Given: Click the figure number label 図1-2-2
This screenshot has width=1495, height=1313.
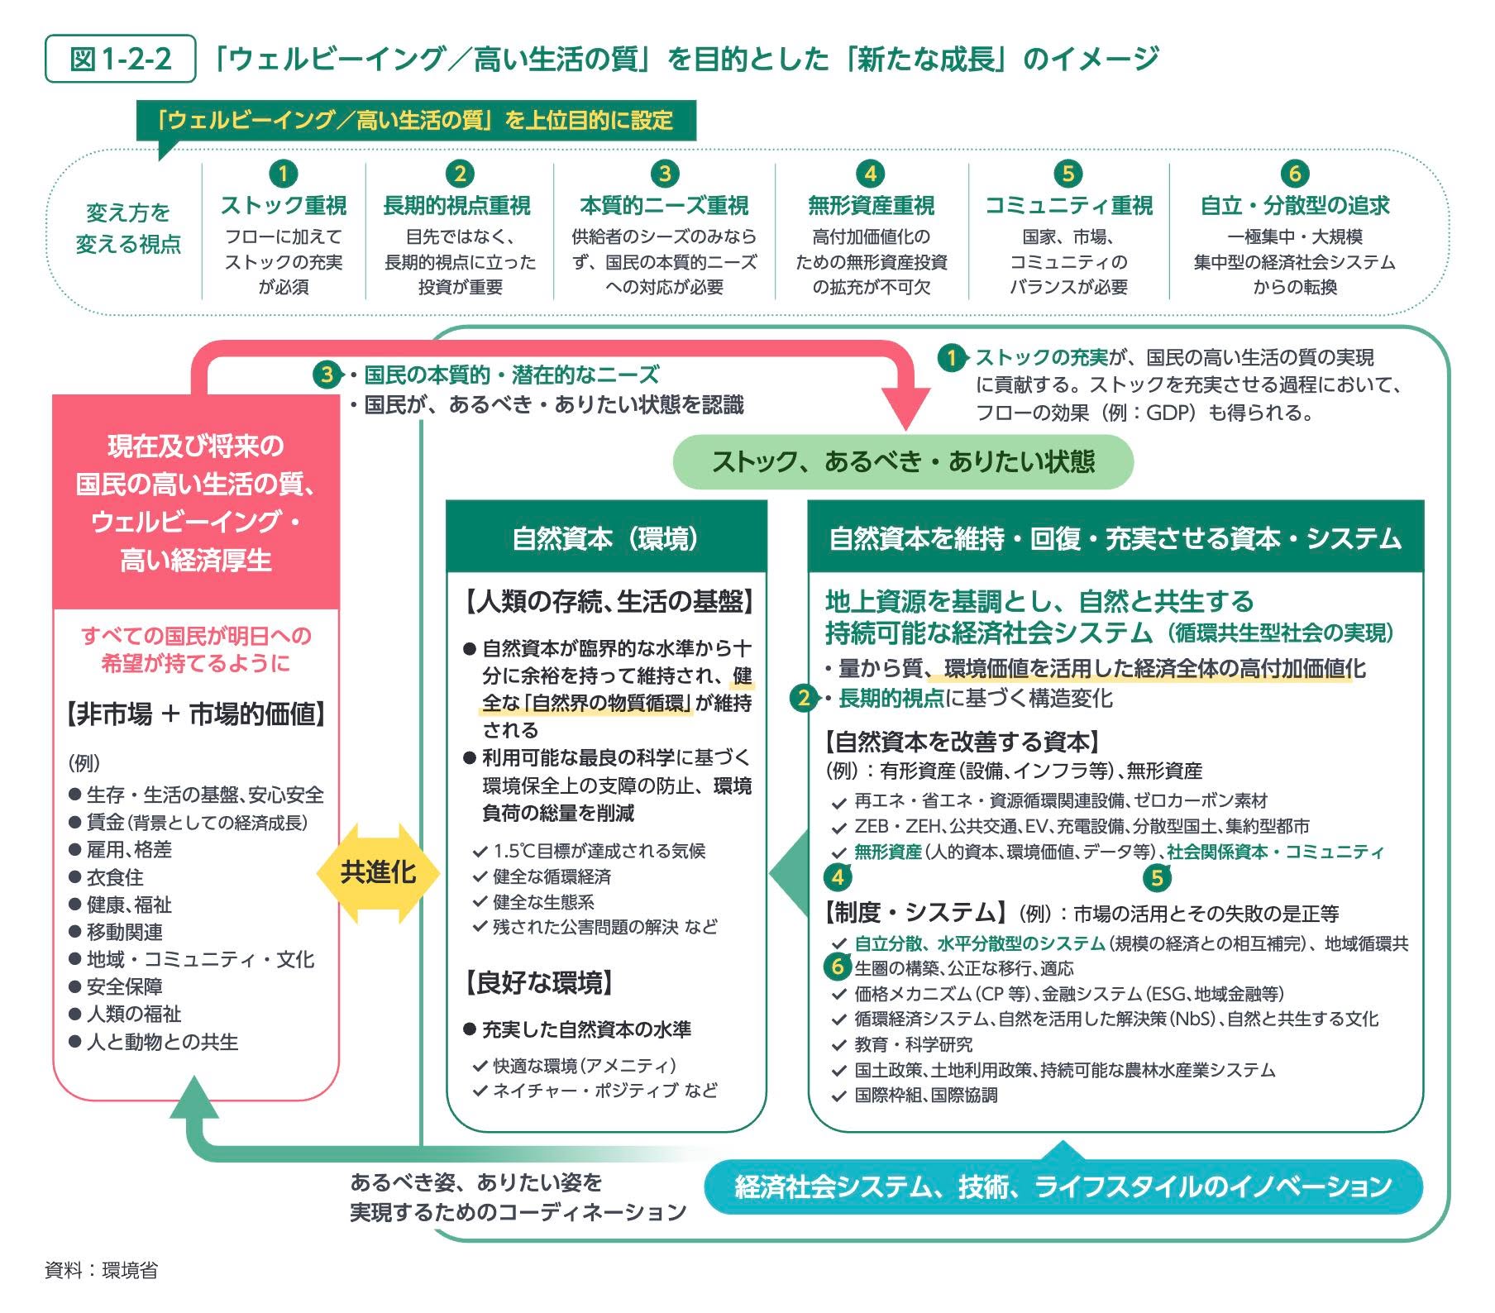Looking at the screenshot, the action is [x=120, y=59].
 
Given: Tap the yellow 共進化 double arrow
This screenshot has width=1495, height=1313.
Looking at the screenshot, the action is [x=378, y=873].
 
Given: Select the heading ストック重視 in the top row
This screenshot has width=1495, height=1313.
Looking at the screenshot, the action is [x=284, y=205].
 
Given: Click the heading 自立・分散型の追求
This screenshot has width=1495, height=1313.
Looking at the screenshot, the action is [x=1295, y=205].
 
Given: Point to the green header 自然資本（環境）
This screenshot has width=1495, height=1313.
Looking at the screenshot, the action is [x=606, y=538].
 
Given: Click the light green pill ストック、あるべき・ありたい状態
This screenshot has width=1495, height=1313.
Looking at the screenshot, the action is [x=903, y=461].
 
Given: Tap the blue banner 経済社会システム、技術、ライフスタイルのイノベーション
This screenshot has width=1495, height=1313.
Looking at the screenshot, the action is [x=1063, y=1187].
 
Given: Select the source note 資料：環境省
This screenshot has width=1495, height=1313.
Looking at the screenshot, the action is [x=102, y=1270].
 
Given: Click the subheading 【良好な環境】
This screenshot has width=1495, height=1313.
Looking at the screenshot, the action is [x=539, y=983].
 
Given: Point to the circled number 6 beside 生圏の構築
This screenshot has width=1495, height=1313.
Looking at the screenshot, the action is [x=838, y=966].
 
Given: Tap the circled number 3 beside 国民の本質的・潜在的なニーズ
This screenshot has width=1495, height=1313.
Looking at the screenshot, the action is [x=327, y=375].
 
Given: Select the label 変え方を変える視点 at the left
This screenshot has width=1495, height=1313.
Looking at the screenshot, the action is [x=128, y=228].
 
